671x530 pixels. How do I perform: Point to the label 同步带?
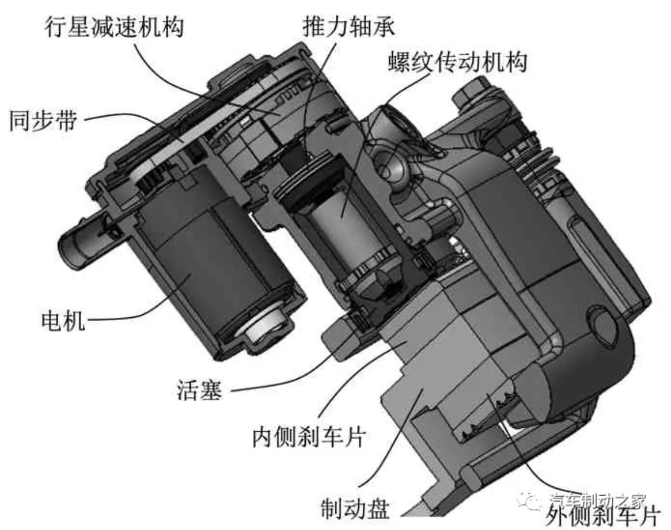pyautogui.click(x=42, y=120)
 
